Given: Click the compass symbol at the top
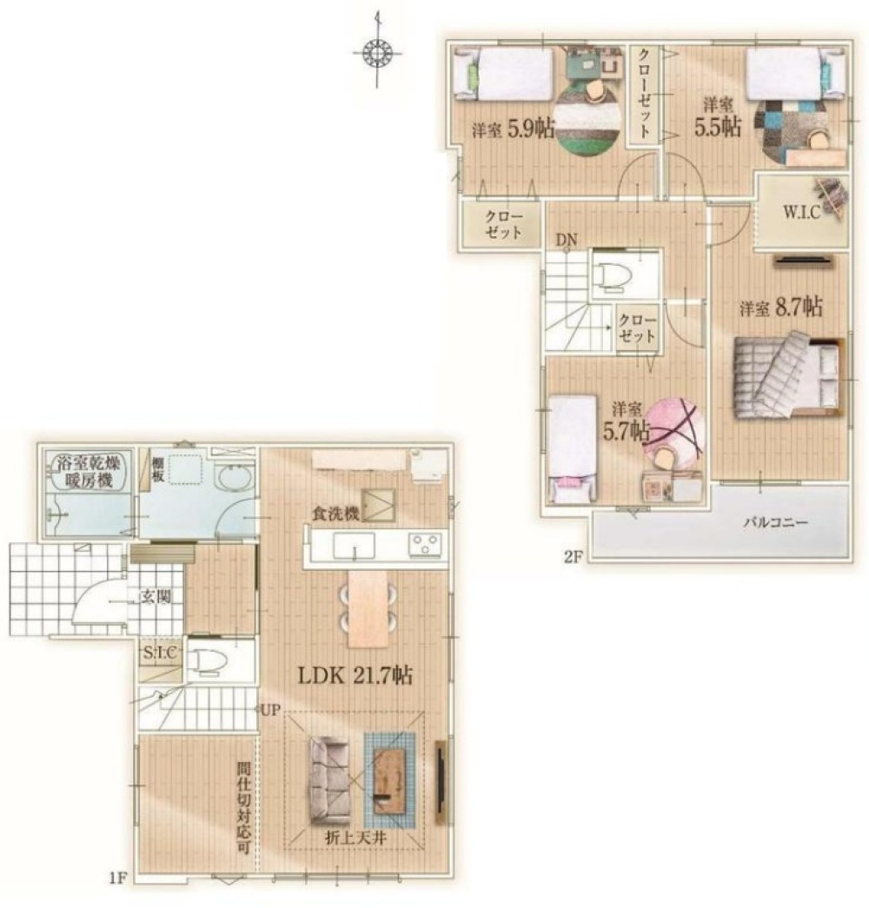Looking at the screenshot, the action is tap(377, 53).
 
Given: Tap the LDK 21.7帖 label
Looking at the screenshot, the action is tap(355, 675).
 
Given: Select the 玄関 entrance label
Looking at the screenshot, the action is tap(156, 596).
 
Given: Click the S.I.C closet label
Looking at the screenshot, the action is tap(160, 653).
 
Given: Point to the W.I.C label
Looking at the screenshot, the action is tap(802, 212).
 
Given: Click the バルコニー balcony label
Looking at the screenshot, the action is tap(775, 522).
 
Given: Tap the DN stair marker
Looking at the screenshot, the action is tap(567, 240).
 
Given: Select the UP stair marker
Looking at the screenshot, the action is tap(270, 710).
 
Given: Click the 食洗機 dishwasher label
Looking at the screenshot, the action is tap(336, 513).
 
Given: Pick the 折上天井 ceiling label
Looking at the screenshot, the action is tap(355, 838).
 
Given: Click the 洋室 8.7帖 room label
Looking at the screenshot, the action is tap(780, 307).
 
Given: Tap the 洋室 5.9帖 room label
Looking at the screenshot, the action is tap(513, 128).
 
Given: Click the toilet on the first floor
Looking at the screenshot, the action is tap(206, 660).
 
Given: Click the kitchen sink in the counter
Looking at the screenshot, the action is tap(354, 546).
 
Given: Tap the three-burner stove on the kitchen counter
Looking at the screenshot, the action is tap(426, 545).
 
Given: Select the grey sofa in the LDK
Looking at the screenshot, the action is tap(329, 780).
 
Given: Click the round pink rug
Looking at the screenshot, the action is tap(674, 427).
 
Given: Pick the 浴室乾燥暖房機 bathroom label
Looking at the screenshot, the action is tap(89, 471).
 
